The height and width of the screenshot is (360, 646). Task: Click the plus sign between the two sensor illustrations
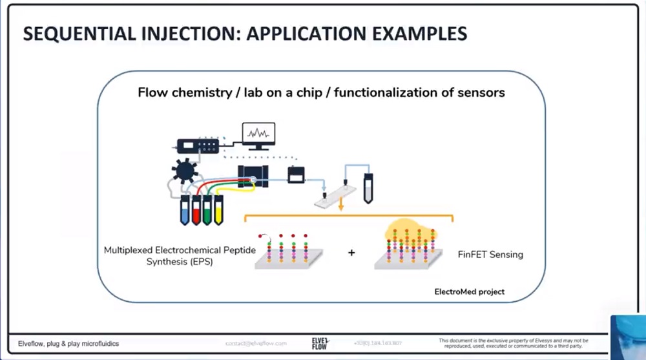(351, 253)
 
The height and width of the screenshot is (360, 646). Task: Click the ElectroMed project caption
(469, 292)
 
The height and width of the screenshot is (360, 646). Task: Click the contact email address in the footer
(256, 343)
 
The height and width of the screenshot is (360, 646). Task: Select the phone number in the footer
(378, 343)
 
